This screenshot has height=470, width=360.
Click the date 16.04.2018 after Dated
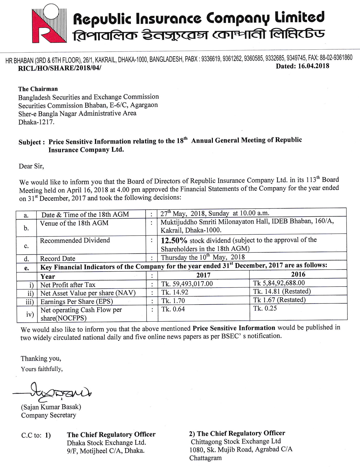coord(313,66)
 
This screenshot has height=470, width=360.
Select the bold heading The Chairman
coord(38,89)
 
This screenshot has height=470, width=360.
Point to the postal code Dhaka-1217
coord(36,122)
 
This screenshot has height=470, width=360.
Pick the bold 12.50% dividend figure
coord(174,241)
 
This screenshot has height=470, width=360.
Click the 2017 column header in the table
coord(203,275)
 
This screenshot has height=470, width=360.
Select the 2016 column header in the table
coord(298,274)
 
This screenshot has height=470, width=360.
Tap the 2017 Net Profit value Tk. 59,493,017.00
coord(187,284)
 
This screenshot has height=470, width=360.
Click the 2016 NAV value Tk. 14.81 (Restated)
coord(282,291)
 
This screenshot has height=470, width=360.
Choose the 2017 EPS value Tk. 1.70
coord(173,301)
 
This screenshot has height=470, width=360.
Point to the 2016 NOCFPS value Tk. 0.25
coord(265,308)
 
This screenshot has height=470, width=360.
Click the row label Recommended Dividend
coord(75,241)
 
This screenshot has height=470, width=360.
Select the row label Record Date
coord(58,259)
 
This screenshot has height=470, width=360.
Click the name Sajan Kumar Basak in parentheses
coord(51,407)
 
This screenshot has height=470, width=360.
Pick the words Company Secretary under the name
coord(49,415)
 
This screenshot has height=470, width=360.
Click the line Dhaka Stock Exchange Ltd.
coord(106,443)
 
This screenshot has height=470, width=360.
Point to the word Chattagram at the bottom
coord(205,458)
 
